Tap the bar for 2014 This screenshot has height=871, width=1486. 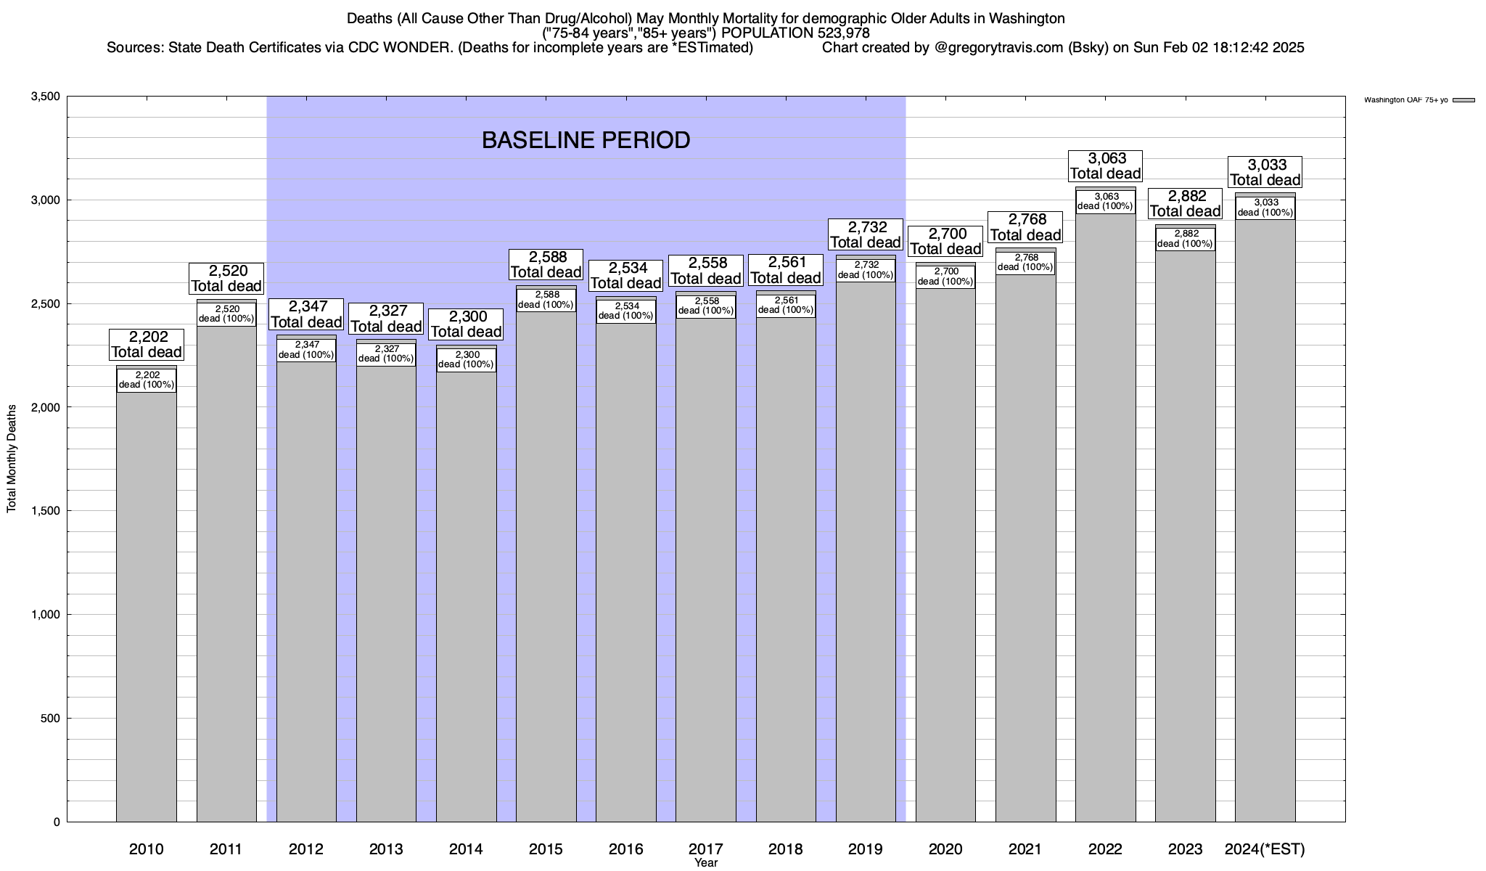tap(466, 595)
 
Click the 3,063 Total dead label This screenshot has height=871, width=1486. tap(1105, 165)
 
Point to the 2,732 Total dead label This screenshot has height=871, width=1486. tap(866, 234)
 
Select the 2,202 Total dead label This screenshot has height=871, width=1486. tap(147, 345)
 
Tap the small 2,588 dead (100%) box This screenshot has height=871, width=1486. tap(546, 300)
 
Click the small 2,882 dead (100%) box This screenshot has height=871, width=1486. tap(1185, 239)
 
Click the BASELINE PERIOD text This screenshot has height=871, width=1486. tap(586, 140)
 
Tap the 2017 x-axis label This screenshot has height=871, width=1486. tap(706, 848)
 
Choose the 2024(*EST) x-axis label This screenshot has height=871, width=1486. tap(1265, 848)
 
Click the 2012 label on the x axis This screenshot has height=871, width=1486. tap(306, 848)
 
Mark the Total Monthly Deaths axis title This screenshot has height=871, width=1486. tap(12, 459)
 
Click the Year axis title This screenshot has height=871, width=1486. tap(706, 863)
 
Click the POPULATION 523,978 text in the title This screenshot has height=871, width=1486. tap(795, 33)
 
